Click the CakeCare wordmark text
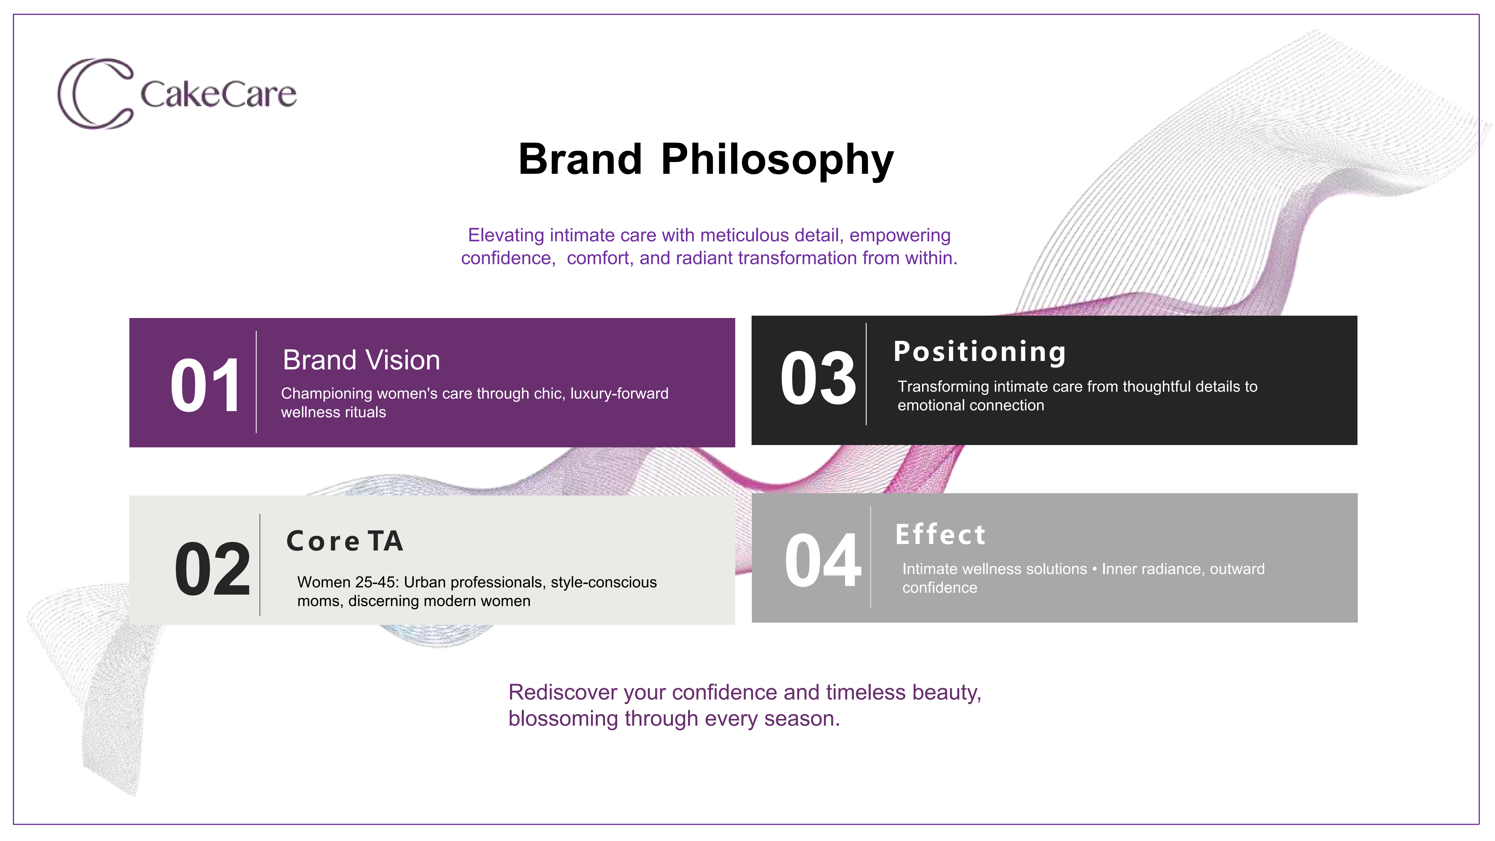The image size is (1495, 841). click(x=218, y=95)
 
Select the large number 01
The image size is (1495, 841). click(x=206, y=385)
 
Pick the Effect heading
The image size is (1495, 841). click(x=940, y=535)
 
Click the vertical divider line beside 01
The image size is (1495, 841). click(x=256, y=382)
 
